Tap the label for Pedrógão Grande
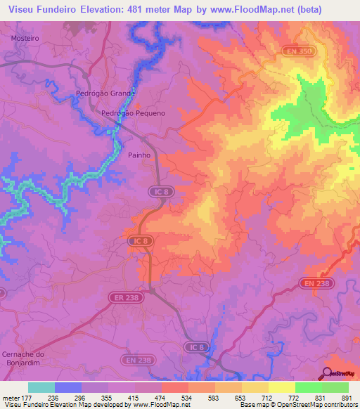[105, 93]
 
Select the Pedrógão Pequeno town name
[134, 112]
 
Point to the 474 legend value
[161, 398]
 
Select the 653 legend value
[241, 398]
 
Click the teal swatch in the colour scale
[41, 387]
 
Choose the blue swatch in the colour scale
[68, 387]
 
